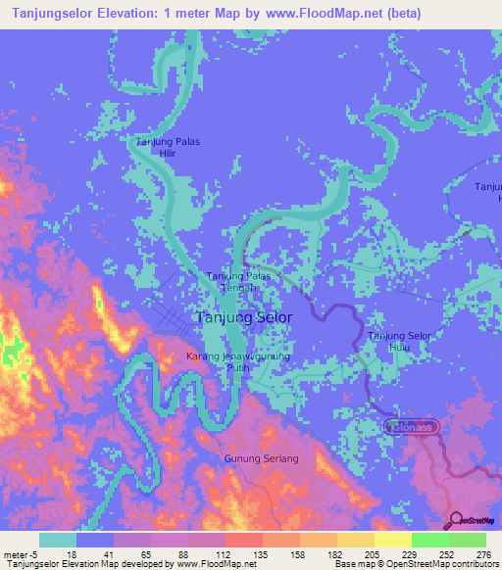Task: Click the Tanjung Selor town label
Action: tap(243, 318)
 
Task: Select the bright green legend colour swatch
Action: tap(429, 540)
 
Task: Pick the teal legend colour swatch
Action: tap(58, 540)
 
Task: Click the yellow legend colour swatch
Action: tap(392, 540)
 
